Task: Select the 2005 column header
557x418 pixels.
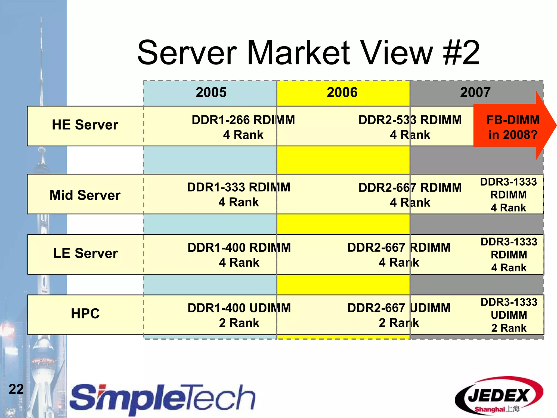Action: tap(211, 93)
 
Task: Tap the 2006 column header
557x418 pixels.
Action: tap(342, 93)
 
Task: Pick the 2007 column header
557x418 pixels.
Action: tap(475, 93)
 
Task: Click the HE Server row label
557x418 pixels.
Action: tap(85, 125)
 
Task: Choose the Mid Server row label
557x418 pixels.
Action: tap(85, 195)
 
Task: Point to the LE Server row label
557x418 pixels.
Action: tap(85, 253)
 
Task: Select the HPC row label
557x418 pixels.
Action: tap(85, 314)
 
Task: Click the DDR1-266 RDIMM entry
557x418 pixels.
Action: tap(243, 127)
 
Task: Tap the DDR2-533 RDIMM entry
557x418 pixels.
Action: tap(410, 127)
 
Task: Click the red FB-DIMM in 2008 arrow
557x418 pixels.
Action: tap(513, 127)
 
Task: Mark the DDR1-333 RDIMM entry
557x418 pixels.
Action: tap(239, 195)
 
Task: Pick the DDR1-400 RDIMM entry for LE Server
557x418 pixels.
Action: tap(239, 255)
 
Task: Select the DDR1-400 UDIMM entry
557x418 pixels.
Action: tap(239, 315)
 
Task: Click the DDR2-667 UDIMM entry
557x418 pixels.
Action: tap(399, 315)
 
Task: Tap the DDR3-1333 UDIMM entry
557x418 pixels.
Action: tap(509, 315)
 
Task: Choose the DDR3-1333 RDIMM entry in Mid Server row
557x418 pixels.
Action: tap(508, 195)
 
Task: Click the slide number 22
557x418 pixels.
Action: tap(16, 389)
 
